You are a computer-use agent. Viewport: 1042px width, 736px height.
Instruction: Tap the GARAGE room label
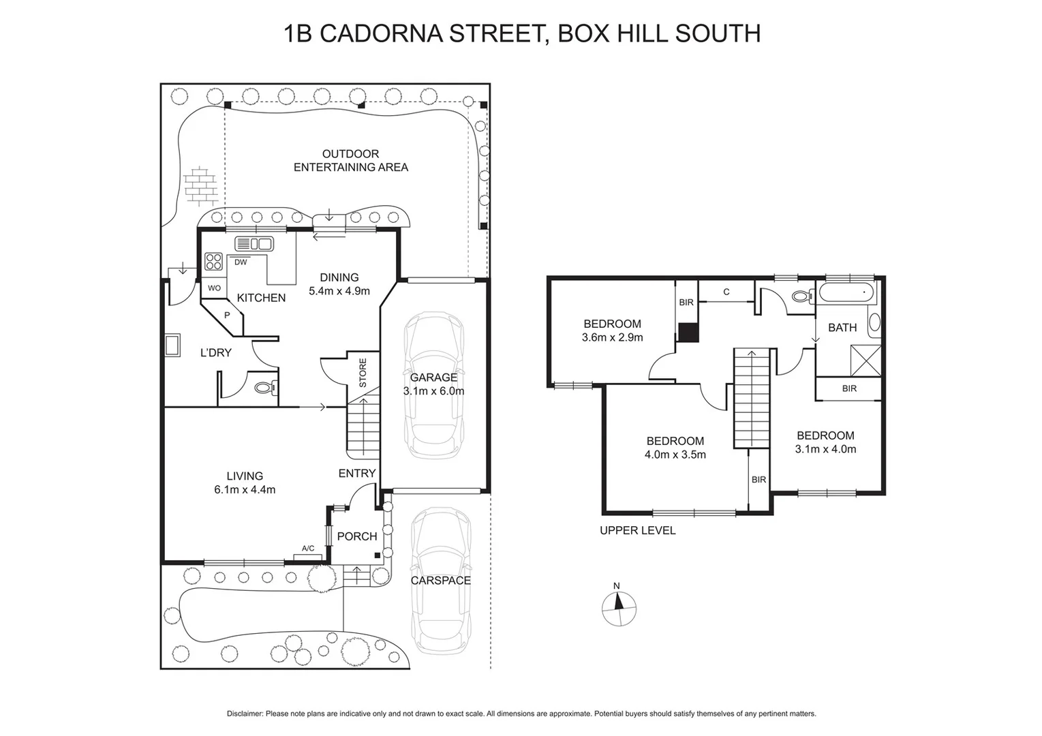point(433,378)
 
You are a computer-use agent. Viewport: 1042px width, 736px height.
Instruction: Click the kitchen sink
point(254,244)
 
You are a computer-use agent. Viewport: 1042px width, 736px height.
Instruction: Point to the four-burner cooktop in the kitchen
point(214,262)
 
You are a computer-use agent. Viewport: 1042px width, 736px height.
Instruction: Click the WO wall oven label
point(214,288)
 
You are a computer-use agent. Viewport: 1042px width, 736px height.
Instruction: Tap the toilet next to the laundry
point(265,388)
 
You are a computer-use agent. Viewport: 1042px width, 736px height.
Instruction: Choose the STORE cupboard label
point(363,373)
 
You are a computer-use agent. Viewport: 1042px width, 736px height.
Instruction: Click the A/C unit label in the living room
point(308,549)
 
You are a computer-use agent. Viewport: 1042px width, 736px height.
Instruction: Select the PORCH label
point(357,536)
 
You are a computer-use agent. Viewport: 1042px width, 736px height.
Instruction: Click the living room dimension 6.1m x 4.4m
point(245,489)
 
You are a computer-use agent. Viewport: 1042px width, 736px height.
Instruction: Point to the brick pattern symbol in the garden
point(199,185)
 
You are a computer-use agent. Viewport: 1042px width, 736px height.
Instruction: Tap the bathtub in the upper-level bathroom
point(845,293)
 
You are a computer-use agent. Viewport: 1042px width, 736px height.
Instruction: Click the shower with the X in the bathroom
point(865,360)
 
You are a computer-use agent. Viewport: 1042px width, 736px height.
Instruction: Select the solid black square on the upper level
point(688,333)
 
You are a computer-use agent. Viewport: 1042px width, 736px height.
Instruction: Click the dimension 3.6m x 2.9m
point(612,337)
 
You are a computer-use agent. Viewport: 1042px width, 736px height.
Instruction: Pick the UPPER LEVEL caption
point(637,530)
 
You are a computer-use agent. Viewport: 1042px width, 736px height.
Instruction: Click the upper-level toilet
point(802,297)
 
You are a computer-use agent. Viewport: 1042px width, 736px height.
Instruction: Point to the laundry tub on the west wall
point(172,345)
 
